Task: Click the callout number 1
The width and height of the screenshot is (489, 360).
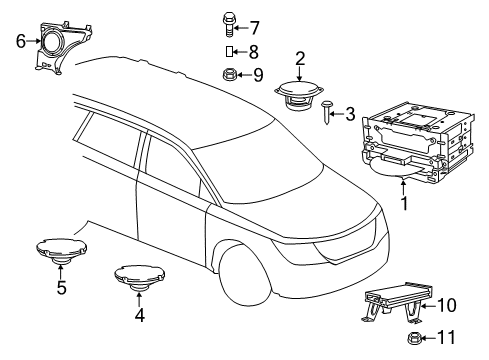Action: point(404,205)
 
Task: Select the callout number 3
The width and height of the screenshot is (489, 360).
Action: point(349,115)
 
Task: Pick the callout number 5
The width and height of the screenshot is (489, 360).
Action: point(61,290)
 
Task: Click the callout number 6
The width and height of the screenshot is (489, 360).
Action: point(20,41)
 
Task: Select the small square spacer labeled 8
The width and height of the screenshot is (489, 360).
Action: point(228,50)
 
